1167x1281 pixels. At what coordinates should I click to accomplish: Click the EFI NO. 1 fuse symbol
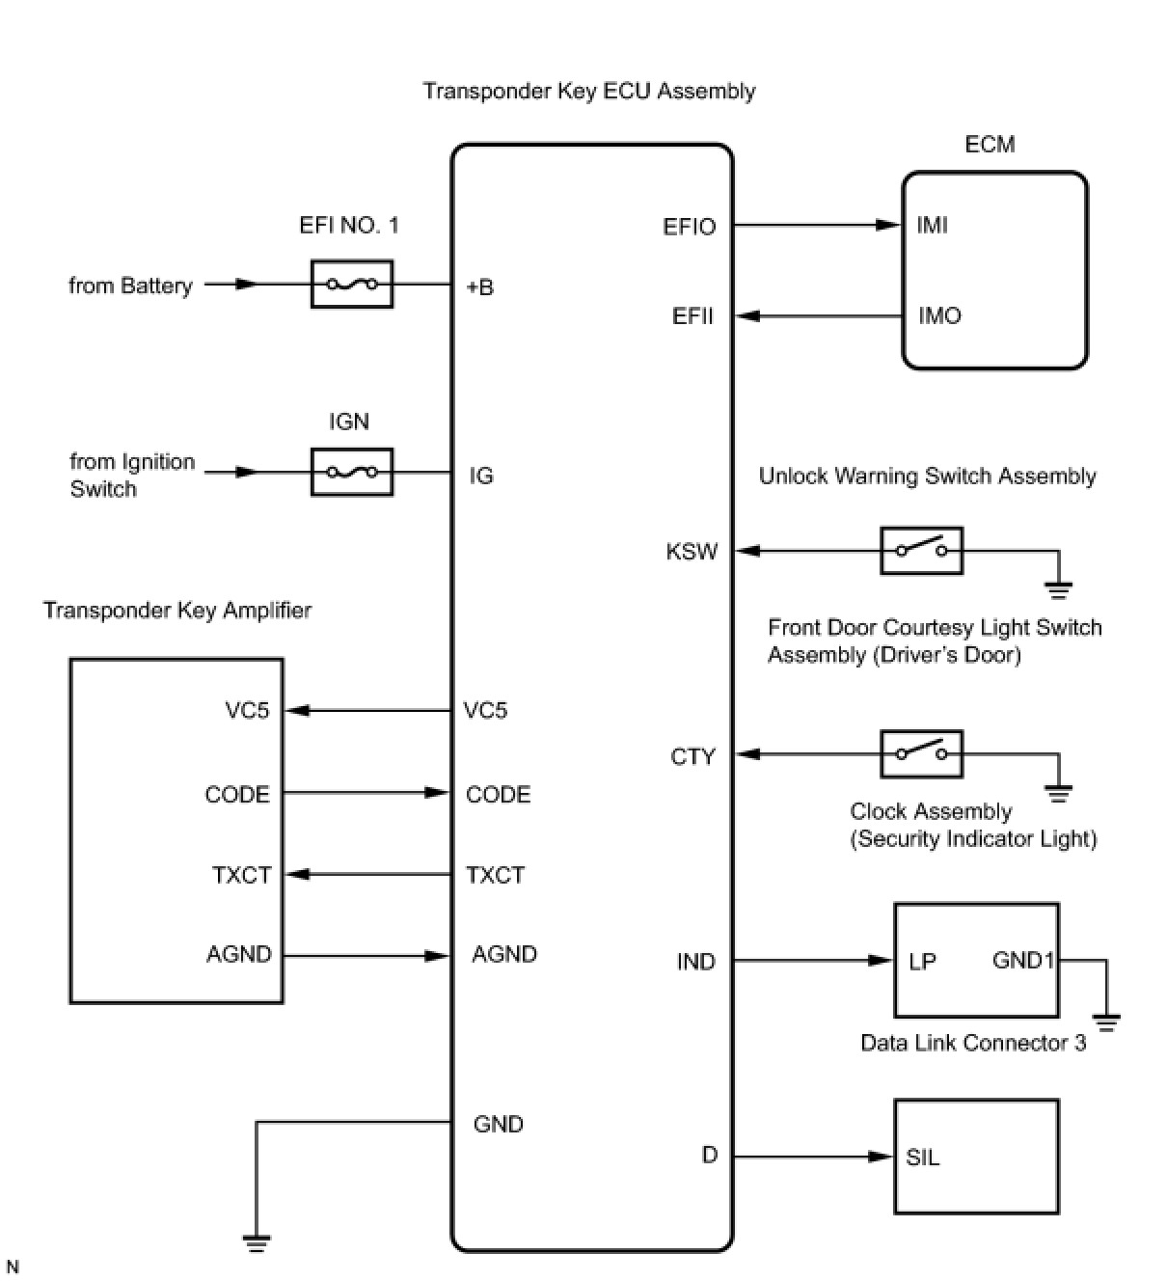(x=352, y=285)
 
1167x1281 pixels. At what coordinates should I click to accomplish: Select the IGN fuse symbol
(x=352, y=472)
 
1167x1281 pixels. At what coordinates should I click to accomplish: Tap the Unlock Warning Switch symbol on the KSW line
(x=921, y=551)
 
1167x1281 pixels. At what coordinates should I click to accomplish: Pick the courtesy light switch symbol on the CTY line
(x=921, y=753)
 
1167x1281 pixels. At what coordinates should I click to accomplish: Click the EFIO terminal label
(x=690, y=227)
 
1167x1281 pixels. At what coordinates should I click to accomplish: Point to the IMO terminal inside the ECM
(x=939, y=315)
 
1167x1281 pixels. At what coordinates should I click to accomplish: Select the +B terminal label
(x=479, y=286)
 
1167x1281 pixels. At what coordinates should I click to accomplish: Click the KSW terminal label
(x=692, y=552)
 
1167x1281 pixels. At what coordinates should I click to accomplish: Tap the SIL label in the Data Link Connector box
(x=923, y=1158)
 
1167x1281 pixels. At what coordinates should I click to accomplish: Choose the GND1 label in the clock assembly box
(x=1023, y=961)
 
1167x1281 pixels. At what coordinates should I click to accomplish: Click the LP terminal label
(x=922, y=962)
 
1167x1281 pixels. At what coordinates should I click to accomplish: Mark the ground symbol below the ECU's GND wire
(x=257, y=1242)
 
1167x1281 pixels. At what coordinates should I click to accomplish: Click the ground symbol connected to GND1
(x=1106, y=1022)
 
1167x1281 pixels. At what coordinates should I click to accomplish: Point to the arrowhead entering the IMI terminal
(x=888, y=225)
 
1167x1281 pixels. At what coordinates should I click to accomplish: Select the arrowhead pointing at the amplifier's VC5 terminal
(x=298, y=711)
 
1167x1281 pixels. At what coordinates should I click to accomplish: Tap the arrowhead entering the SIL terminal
(x=881, y=1157)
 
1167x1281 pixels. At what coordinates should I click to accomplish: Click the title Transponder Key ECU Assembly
(x=589, y=92)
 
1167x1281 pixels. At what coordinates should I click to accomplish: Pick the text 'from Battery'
(x=130, y=286)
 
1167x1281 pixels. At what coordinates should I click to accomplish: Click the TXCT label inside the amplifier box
(x=241, y=875)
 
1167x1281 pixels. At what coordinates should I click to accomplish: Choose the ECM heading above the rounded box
(x=990, y=145)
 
